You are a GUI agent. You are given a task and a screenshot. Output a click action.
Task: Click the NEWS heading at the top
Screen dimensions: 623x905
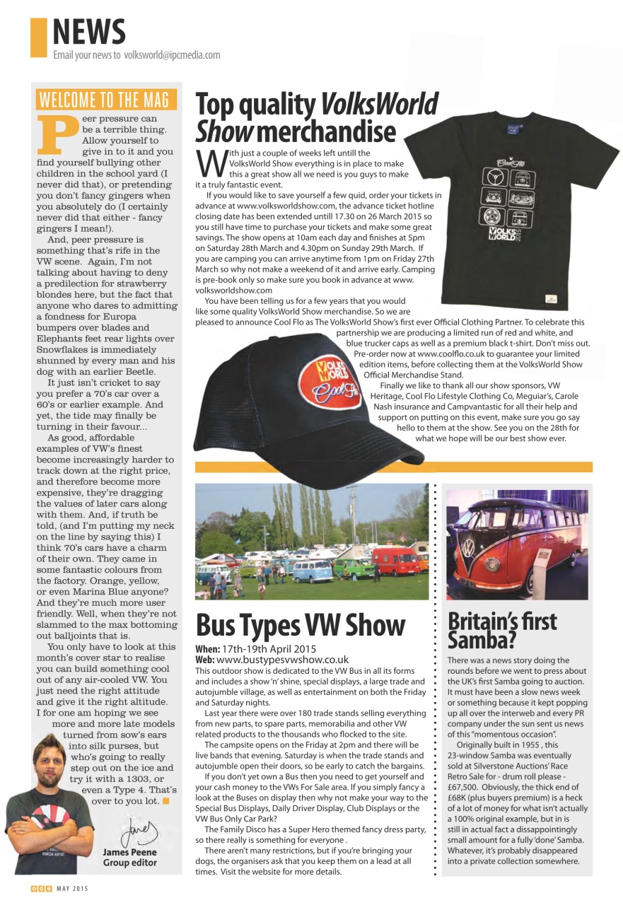(x=89, y=32)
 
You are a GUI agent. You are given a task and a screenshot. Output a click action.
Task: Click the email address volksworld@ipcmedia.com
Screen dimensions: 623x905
(x=172, y=55)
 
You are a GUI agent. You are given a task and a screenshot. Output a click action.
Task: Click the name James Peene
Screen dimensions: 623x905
(x=130, y=852)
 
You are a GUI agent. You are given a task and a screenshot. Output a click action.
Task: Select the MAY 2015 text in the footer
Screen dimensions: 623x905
(x=72, y=889)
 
